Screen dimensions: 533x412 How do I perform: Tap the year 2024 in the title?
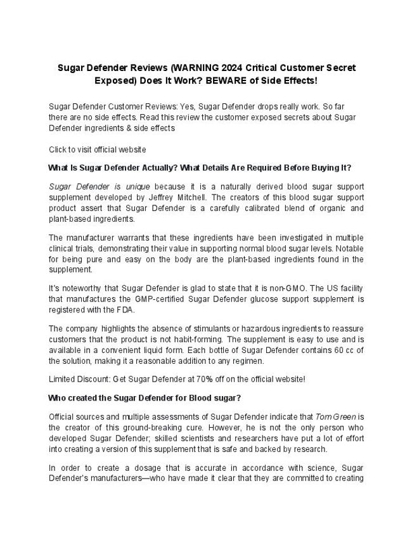(219, 67)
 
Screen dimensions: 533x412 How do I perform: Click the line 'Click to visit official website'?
(98, 150)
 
